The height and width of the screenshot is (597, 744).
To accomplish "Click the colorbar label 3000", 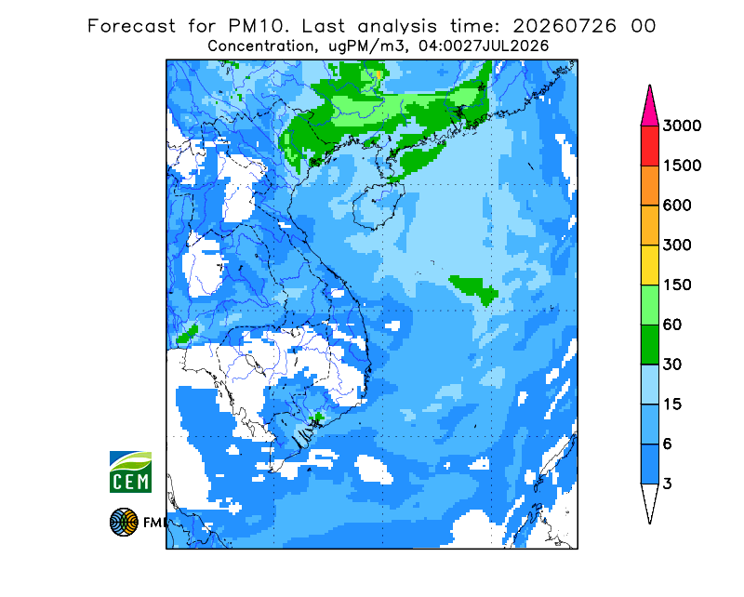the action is point(682,126).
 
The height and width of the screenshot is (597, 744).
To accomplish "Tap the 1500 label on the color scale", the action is point(682,166).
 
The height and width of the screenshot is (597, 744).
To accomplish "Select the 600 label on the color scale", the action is point(677,206).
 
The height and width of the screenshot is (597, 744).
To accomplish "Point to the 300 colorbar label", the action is point(677,245).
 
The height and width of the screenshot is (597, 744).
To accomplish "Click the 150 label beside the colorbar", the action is point(677,285).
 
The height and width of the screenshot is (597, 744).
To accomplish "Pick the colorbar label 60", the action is point(672,325).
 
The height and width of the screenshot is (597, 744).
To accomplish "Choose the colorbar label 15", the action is point(672,405).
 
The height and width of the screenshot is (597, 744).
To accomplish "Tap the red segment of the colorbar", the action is point(649,146).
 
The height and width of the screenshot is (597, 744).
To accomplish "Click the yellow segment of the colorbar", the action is point(649,265).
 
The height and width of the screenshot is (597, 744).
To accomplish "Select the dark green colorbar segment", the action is point(649,345).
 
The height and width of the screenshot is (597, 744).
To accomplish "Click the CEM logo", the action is point(130,471).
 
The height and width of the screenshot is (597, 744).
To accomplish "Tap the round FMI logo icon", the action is point(124,522).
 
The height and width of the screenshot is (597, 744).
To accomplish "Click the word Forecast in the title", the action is point(131,26).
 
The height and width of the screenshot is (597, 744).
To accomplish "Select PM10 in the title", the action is point(258,26).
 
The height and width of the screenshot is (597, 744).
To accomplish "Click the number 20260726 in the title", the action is point(565,26).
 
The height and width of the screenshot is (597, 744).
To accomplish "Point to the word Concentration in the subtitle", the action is point(260,46).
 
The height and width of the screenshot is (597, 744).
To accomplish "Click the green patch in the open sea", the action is point(474,288).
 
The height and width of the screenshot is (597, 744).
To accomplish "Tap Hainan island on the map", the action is point(379,206).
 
